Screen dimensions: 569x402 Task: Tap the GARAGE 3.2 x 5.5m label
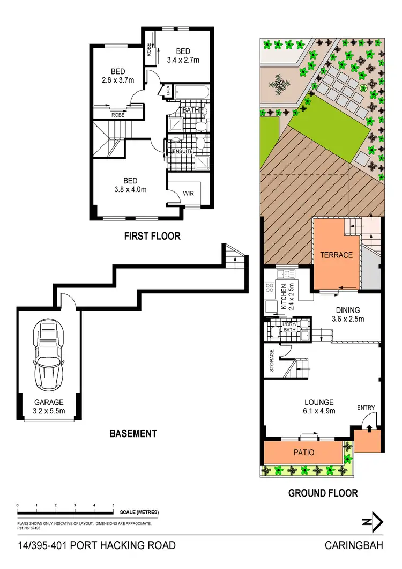click(49, 407)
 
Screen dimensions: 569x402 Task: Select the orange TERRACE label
click(337, 255)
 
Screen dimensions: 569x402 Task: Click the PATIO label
click(303, 453)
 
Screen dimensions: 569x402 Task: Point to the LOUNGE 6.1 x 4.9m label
click(319, 407)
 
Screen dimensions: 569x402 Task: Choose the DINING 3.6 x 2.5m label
click(348, 314)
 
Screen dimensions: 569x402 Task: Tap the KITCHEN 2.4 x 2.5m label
click(288, 297)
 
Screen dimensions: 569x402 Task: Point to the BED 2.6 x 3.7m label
click(118, 76)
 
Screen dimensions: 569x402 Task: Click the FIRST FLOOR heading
click(152, 236)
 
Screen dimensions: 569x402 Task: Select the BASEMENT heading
click(133, 433)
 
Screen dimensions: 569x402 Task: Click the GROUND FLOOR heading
click(323, 493)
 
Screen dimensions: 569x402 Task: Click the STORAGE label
click(272, 361)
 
